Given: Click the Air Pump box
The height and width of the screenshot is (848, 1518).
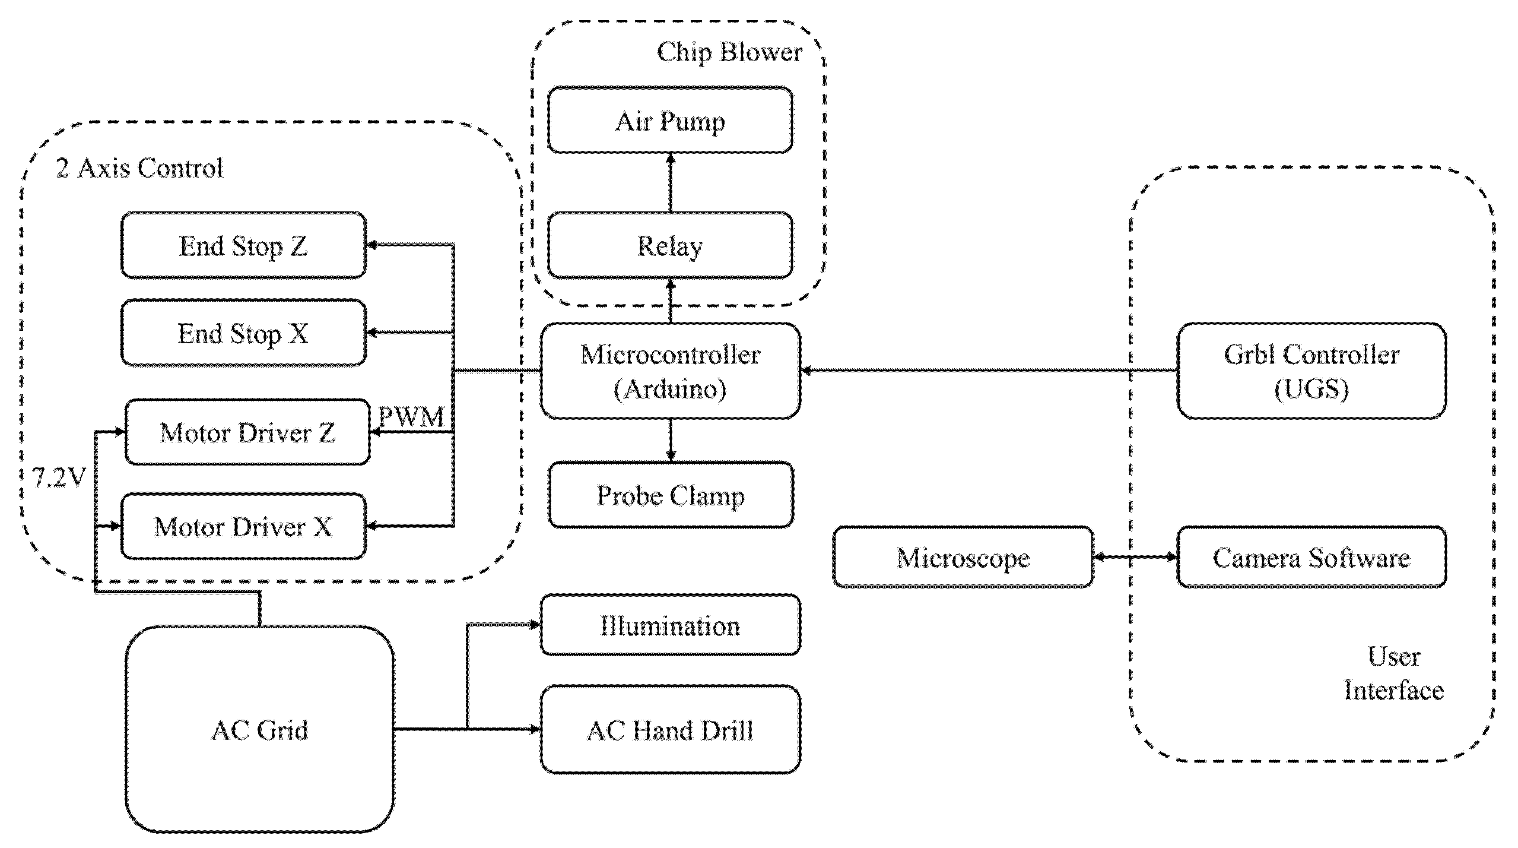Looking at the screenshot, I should pos(669,121).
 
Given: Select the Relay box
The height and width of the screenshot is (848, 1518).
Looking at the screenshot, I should pos(669,245).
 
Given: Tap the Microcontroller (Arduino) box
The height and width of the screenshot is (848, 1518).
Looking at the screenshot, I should pos(669,371).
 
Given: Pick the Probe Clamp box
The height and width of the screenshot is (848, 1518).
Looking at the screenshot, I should pos(671,495).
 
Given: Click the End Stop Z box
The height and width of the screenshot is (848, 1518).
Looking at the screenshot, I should pos(243,245).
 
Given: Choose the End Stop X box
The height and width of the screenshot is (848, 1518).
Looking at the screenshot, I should pos(243,333).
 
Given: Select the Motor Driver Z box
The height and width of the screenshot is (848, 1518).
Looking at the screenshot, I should pos(247,432).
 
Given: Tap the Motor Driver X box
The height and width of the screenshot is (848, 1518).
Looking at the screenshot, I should pos(243,526).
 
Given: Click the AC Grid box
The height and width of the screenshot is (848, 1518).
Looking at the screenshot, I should pos(259,729).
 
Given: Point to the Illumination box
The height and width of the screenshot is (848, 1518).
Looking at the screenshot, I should pos(669,625).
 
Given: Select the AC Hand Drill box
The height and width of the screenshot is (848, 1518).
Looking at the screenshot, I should pos(669,730).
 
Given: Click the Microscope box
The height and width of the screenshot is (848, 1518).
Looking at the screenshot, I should pos(963,557).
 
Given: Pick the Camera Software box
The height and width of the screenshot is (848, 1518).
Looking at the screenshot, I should pos(1310,557).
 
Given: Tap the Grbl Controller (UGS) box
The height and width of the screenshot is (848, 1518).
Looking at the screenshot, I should pos(1310,371).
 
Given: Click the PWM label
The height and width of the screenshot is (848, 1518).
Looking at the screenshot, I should pos(411,416).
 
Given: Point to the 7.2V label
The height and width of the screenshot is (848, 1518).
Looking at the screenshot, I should pos(59,477).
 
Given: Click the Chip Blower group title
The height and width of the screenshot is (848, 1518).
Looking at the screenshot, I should pos(729,52).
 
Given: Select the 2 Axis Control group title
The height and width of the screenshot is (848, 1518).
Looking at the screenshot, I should pos(139,168).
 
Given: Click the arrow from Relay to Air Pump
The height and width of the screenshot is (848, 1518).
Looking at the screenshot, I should pos(671,182).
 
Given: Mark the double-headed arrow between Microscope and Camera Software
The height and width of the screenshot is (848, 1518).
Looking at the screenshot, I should pos(1135,557).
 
